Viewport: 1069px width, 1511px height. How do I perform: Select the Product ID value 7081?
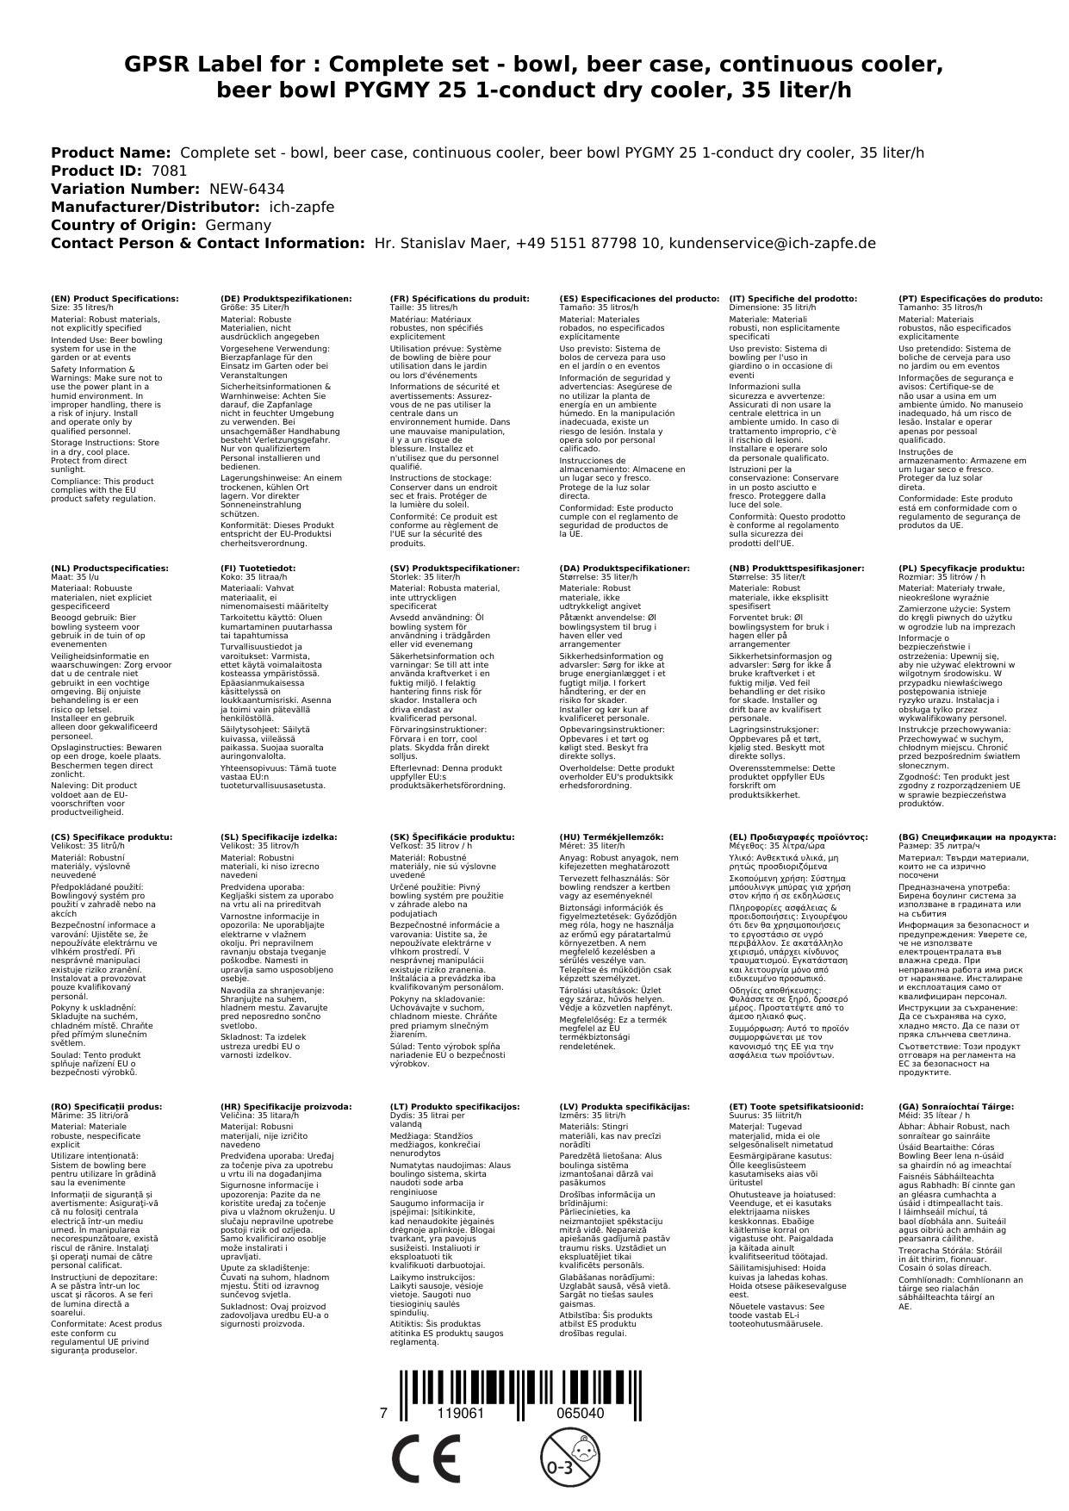point(169,171)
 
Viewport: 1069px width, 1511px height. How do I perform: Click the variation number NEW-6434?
point(246,189)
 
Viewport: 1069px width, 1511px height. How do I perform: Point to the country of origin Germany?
point(238,225)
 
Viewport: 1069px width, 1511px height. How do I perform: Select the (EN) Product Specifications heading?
point(115,298)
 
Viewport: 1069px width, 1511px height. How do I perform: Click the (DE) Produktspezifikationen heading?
point(286,298)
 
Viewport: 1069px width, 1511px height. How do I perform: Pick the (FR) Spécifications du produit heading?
point(459,298)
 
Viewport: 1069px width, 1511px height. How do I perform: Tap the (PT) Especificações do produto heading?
point(970,298)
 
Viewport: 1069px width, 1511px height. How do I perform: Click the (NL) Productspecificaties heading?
point(109,569)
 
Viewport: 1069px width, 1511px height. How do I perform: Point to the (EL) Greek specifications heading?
point(799,836)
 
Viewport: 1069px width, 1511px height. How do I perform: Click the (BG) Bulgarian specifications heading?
point(977,836)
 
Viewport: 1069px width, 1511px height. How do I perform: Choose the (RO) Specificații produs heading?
point(106,1106)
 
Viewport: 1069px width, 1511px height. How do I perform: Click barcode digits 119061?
point(461,1414)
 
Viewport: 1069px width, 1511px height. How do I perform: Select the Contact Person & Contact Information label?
point(208,243)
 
